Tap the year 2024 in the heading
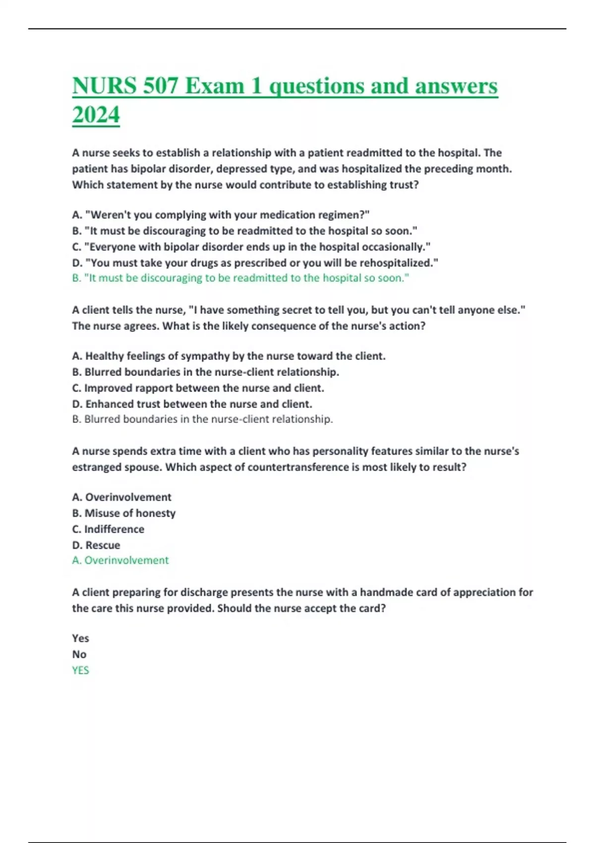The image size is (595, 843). coord(96,115)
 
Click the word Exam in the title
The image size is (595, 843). coord(215,86)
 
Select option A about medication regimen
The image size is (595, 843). coord(221,215)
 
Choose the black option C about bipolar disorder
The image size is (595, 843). coord(251,247)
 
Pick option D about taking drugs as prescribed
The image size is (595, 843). coord(255,263)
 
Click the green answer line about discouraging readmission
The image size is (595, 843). coord(240,278)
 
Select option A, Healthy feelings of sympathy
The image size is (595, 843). coord(229,356)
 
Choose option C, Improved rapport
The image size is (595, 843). coord(198,388)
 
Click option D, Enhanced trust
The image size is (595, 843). coord(192,404)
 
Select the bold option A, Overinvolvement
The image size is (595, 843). coord(121,497)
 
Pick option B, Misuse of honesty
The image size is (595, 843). coord(123,513)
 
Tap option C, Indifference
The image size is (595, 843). coord(108,529)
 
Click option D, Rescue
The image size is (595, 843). coord(96,545)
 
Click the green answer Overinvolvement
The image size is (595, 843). coord(120,560)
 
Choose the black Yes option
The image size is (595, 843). coord(80,638)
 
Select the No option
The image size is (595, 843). coord(79,654)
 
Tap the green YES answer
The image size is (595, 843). coord(80,670)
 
